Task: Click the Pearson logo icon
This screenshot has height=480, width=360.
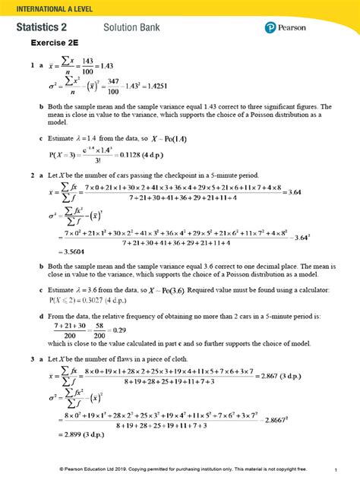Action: coord(270,28)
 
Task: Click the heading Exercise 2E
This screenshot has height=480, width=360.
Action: coord(55,43)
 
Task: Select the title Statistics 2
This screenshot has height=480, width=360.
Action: coord(46,27)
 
